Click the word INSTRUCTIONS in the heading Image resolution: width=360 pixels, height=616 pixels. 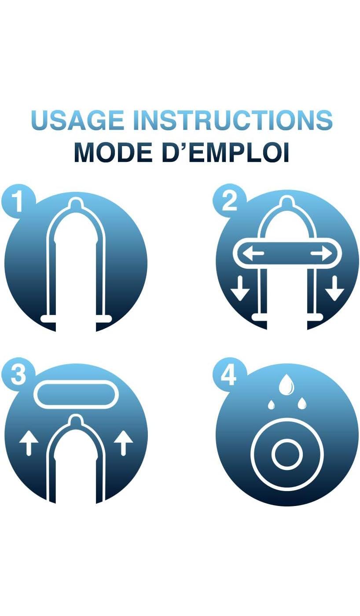click(x=233, y=120)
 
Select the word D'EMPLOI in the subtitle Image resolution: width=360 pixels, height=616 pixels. click(x=225, y=152)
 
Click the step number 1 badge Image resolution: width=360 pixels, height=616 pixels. click(x=18, y=202)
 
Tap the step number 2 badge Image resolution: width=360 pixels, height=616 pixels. click(x=229, y=202)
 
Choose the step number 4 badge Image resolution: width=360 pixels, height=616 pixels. click(x=229, y=375)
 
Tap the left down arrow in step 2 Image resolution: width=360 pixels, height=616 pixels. click(x=240, y=289)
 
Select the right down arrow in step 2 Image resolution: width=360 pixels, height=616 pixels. click(x=334, y=289)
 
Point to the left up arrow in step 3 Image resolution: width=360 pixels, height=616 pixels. click(x=29, y=443)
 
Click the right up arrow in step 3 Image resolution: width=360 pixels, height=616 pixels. click(x=124, y=443)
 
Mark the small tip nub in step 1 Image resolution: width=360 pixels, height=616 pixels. click(x=76, y=203)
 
